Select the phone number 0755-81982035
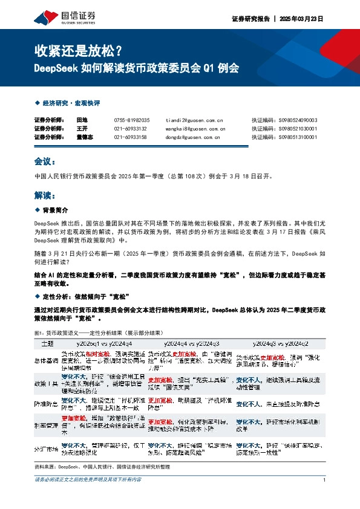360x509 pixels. (131, 120)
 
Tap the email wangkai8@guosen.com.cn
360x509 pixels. (195, 129)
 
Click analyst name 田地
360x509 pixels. (82, 120)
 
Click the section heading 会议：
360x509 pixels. (45, 162)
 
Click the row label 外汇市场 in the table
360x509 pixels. (46, 449)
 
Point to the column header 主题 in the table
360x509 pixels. (47, 343)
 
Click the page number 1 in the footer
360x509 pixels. (325, 479)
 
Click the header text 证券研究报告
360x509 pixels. (250, 19)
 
